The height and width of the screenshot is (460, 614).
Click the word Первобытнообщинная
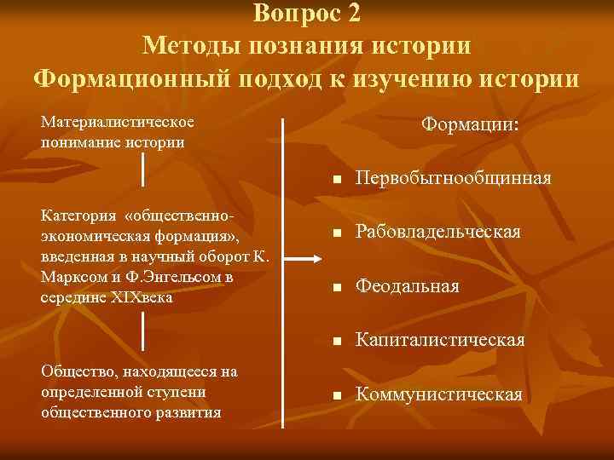click(x=454, y=180)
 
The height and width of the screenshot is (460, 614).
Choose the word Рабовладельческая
click(x=438, y=233)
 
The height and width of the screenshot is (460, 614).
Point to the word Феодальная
click(x=408, y=286)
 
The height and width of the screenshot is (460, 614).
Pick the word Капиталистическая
click(x=440, y=341)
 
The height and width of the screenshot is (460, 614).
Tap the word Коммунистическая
click(x=439, y=394)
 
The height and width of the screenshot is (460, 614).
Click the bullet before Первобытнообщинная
click(x=338, y=181)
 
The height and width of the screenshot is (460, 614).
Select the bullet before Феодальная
click(x=338, y=288)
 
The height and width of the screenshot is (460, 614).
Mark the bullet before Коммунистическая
click(x=338, y=396)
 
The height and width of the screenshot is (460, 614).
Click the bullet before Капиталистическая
click(x=338, y=342)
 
